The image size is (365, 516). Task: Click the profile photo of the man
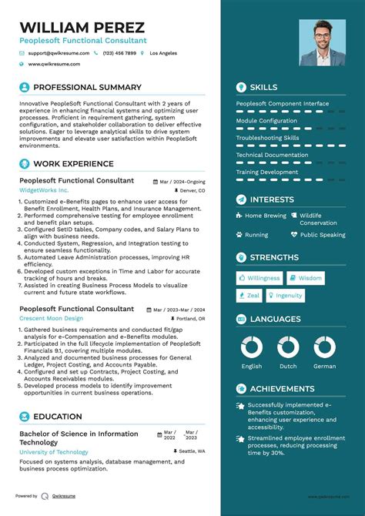pyautogui.click(x=322, y=43)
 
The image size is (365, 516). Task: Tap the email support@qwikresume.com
pyautogui.click(x=59, y=53)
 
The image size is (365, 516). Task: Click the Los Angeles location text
pyautogui.click(x=163, y=53)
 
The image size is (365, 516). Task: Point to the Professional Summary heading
pyautogui.click(x=87, y=87)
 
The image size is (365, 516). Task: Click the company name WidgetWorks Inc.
pyautogui.click(x=44, y=189)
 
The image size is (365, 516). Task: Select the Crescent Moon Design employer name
pyautogui.click(x=51, y=317)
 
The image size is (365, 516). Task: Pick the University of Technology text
pyautogui.click(x=54, y=452)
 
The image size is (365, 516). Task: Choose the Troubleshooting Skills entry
pyautogui.click(x=267, y=138)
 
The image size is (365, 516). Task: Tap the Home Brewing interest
pyautogui.click(x=265, y=216)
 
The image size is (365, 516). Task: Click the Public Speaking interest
pyautogui.click(x=323, y=235)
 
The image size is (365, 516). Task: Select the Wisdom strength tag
pyautogui.click(x=310, y=278)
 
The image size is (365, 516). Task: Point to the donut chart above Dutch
pyautogui.click(x=288, y=347)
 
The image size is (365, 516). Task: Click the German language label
pyautogui.click(x=324, y=367)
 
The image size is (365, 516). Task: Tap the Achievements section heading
pyautogui.click(x=282, y=389)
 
